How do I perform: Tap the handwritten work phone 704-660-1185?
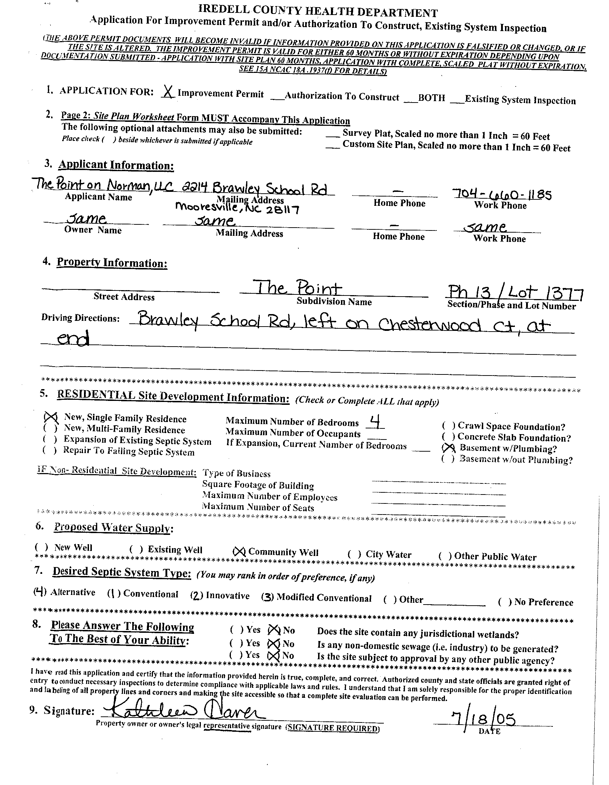coord(502,194)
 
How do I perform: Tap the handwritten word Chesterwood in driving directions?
coord(430,325)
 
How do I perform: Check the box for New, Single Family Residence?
coord(51,417)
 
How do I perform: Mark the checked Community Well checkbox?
coord(239,551)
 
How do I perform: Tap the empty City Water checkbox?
coord(355,554)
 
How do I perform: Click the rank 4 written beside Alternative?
coord(40,591)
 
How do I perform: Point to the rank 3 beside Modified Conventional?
coord(267,597)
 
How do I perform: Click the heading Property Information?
coord(112,263)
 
